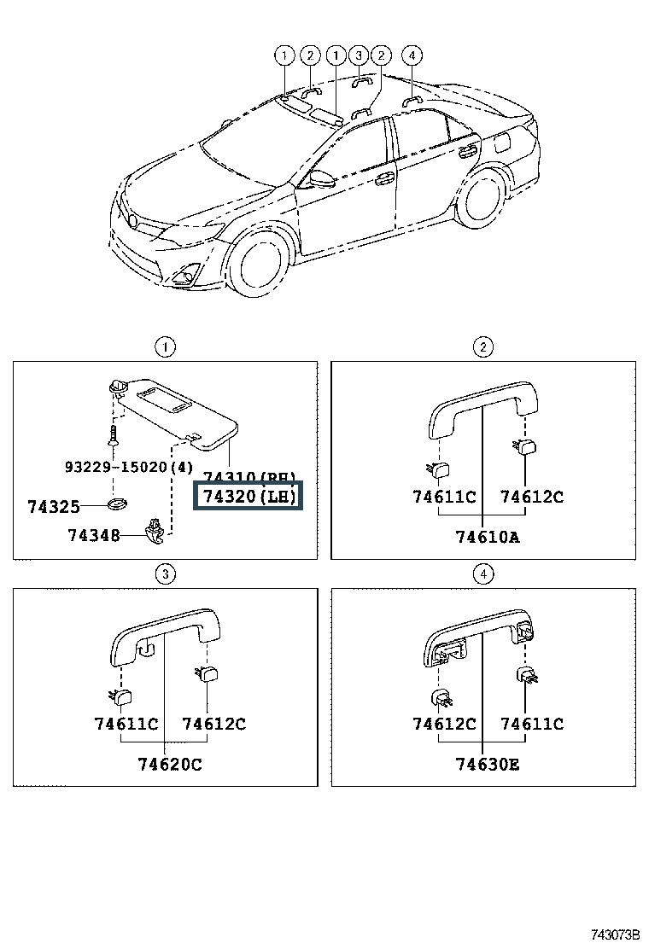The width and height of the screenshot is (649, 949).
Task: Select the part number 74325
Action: (53, 506)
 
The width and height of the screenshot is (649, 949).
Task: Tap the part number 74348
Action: (94, 535)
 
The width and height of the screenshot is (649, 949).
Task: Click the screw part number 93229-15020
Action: (129, 467)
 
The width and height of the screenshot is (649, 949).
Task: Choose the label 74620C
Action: (170, 764)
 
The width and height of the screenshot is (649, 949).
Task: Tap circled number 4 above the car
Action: (412, 56)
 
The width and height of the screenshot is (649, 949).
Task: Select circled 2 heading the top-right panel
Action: (482, 346)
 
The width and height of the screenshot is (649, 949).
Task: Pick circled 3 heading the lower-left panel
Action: (165, 574)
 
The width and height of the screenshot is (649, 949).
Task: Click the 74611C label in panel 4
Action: (532, 724)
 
